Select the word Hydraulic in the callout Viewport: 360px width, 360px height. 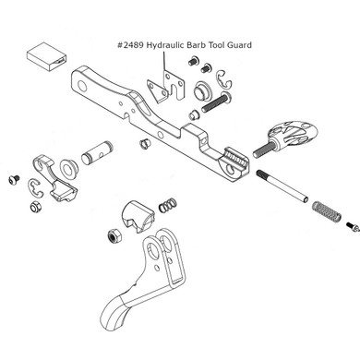click(175, 43)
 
